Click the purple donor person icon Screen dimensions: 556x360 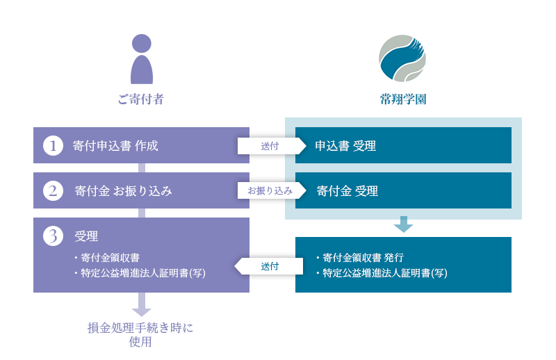coord(142,59)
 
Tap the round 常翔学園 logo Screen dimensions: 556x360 coord(402,58)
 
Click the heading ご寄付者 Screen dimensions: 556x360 coord(141,99)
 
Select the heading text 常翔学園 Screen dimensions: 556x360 coord(403,99)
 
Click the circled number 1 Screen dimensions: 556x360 coord(54,145)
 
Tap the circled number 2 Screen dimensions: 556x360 coord(54,190)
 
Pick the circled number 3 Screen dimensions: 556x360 coord(54,236)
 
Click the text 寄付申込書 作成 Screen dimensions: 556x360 coord(115,146)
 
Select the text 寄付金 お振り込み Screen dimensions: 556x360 coord(124,191)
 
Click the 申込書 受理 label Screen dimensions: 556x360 coord(345,146)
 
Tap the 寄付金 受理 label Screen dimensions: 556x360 coord(347,191)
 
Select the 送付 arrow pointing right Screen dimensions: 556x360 coord(272,146)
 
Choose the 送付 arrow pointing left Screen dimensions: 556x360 coord(269,266)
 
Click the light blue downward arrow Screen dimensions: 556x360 coord(403,224)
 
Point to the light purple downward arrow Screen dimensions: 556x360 coord(142,304)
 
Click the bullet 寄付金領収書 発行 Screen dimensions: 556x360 coord(360,258)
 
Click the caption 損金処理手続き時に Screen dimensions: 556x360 coord(140,328)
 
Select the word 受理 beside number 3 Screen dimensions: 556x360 coord(86,236)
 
